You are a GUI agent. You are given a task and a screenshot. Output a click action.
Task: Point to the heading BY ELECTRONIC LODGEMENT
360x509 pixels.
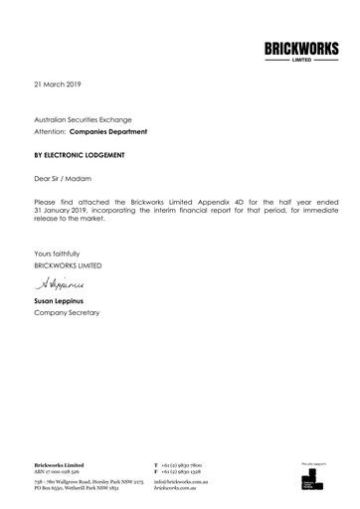pos(81,156)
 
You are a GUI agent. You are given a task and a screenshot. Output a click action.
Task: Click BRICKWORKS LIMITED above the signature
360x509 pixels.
pos(68,265)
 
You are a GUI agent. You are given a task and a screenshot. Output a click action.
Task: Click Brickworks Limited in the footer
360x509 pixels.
pos(59,464)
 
